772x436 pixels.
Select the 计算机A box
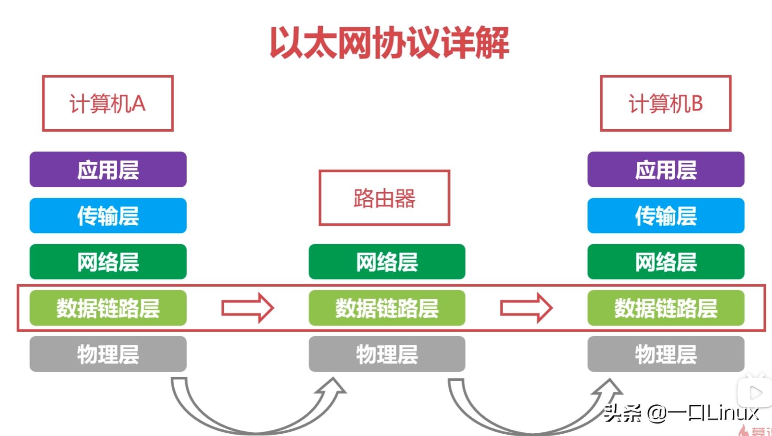(x=107, y=103)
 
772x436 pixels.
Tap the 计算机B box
(x=665, y=103)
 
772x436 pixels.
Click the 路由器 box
(x=384, y=198)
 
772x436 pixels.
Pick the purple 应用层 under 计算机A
(x=108, y=169)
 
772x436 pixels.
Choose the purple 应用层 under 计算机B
(x=665, y=169)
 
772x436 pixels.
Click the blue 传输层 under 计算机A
(x=108, y=216)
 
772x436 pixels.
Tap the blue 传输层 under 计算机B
(x=665, y=216)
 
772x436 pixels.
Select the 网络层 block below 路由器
(x=387, y=262)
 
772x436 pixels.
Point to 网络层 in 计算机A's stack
(x=108, y=262)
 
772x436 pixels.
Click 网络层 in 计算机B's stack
(x=665, y=262)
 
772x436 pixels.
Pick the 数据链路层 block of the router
(x=387, y=308)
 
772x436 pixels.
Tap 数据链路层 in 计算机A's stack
(x=108, y=308)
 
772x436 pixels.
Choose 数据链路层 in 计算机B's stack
(x=665, y=308)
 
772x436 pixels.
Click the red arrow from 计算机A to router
(x=248, y=308)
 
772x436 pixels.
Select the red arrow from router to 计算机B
(x=526, y=308)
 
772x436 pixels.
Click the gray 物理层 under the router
(x=387, y=354)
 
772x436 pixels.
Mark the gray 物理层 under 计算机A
(x=108, y=354)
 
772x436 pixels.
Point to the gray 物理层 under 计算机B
(x=665, y=354)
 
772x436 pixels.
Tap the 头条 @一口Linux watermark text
(x=681, y=413)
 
